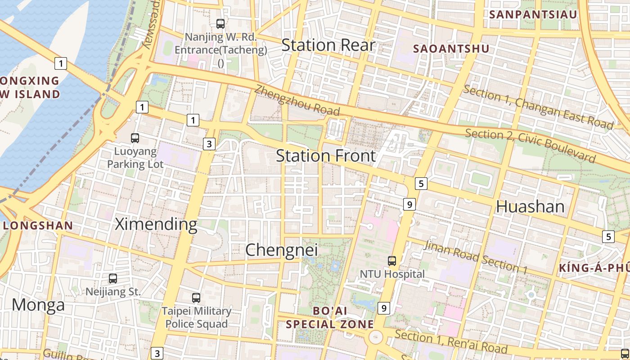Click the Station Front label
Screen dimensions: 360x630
(326, 156)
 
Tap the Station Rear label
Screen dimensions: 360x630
(328, 45)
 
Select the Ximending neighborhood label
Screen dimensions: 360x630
(156, 224)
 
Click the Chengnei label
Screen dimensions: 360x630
(281, 250)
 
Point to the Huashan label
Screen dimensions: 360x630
(530, 206)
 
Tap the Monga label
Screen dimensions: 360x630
(38, 305)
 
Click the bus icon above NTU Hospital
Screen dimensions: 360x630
(392, 261)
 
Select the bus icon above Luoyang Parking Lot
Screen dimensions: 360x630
(135, 138)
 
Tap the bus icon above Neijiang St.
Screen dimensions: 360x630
(113, 279)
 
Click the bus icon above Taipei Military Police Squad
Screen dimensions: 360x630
(196, 297)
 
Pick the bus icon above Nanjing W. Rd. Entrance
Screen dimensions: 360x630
(220, 24)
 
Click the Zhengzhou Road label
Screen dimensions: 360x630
(297, 99)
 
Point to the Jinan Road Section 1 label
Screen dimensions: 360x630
(476, 257)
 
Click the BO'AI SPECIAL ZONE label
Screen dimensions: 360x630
(330, 317)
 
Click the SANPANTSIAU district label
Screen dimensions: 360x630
(533, 14)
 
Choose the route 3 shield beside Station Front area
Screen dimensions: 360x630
(209, 144)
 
